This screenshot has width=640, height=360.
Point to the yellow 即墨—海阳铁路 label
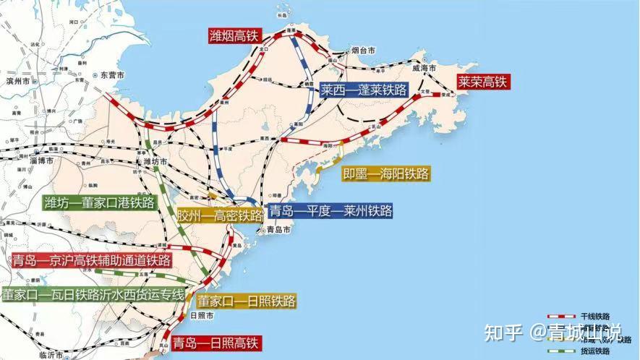pyautogui.click(x=386, y=173)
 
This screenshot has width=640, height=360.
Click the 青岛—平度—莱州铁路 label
pyautogui.click(x=330, y=211)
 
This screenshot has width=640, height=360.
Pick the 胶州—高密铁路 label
pyautogui.click(x=220, y=216)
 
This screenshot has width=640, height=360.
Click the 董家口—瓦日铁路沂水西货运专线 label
pyautogui.click(x=93, y=295)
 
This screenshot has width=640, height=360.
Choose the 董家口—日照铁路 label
pyautogui.click(x=247, y=301)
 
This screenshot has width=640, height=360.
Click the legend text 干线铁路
pyautogui.click(x=594, y=317)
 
